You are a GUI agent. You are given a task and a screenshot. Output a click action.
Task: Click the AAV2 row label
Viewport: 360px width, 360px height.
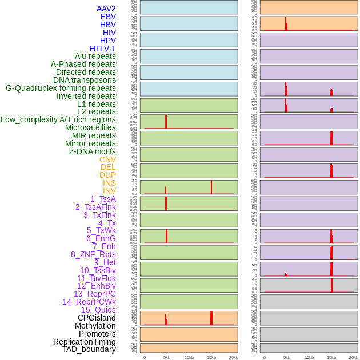106,9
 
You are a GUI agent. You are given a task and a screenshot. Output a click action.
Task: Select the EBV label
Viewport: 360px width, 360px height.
108,17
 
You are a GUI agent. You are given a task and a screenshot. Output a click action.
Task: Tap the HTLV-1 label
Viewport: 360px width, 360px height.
102,49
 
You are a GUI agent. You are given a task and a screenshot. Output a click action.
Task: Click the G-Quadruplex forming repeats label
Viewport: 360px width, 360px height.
61,88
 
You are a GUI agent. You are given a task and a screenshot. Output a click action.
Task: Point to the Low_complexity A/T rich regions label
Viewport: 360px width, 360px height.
58,119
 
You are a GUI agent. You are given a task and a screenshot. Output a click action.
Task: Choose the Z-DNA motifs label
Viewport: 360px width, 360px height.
92,151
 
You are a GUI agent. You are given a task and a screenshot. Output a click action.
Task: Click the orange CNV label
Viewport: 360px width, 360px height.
107,159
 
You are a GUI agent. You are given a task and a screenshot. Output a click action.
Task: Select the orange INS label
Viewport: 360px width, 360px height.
109,183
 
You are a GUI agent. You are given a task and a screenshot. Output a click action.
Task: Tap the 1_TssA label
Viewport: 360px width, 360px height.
103,199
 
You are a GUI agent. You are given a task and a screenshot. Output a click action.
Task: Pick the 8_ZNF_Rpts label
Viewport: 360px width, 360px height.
93,254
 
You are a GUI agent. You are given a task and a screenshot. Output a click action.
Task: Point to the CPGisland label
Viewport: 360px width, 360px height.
97,318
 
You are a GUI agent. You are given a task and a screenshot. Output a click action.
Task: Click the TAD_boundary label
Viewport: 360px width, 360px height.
89,349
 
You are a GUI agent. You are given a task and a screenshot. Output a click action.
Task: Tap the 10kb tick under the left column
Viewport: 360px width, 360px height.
189,357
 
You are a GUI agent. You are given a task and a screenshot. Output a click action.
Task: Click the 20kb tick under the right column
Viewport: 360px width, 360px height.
354,357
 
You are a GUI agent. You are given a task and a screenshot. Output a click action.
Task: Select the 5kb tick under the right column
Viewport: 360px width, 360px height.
287,357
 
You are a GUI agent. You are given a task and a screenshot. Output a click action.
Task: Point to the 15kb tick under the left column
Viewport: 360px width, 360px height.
211,357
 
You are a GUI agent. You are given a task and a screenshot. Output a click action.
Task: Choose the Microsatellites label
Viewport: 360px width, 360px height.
90,127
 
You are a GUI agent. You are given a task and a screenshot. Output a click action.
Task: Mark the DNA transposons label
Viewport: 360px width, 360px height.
85,80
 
